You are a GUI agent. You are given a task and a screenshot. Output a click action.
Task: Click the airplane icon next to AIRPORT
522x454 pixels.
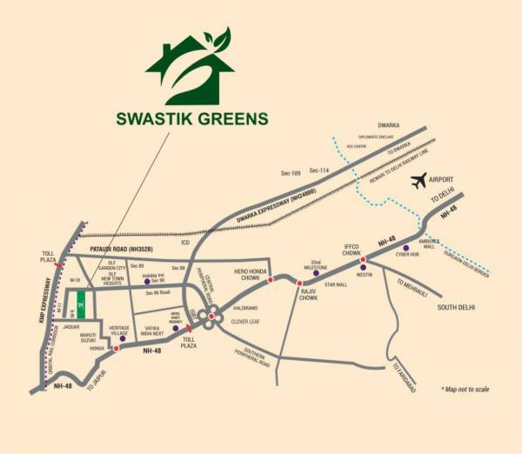(x=420, y=180)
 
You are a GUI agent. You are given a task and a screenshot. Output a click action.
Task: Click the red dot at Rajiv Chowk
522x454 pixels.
(x=298, y=284)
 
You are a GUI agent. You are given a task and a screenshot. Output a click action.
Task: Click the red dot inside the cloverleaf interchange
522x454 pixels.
(x=211, y=315)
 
